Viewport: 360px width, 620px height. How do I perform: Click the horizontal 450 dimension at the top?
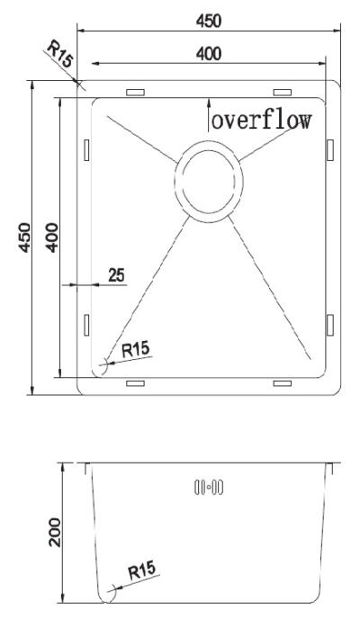(x=209, y=21)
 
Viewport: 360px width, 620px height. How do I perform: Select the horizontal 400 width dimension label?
(x=209, y=54)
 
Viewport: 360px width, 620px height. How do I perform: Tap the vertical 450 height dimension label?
(x=24, y=238)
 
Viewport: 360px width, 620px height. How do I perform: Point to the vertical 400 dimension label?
(x=51, y=238)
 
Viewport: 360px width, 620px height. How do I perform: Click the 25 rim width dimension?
(x=116, y=274)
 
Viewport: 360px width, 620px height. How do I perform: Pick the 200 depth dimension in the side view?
(x=55, y=532)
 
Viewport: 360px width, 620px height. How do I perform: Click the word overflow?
(x=262, y=120)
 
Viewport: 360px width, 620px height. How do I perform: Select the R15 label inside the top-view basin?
(x=136, y=350)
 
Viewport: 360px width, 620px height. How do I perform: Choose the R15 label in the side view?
(x=142, y=571)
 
